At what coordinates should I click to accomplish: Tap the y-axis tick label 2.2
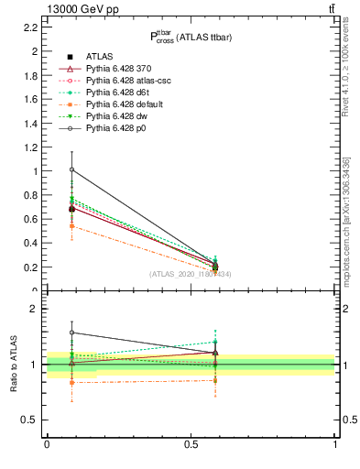tap(31, 27)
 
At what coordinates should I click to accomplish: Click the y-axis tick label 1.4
tap(31, 124)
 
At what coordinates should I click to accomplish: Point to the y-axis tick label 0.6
tap(31, 220)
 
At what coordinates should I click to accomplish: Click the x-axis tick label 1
tap(334, 444)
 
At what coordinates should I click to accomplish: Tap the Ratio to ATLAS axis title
tap(15, 364)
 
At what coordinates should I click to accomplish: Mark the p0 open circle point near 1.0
tap(71, 169)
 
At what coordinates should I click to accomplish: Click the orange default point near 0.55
tap(71, 225)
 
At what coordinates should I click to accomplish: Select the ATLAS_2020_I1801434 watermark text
tap(191, 275)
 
